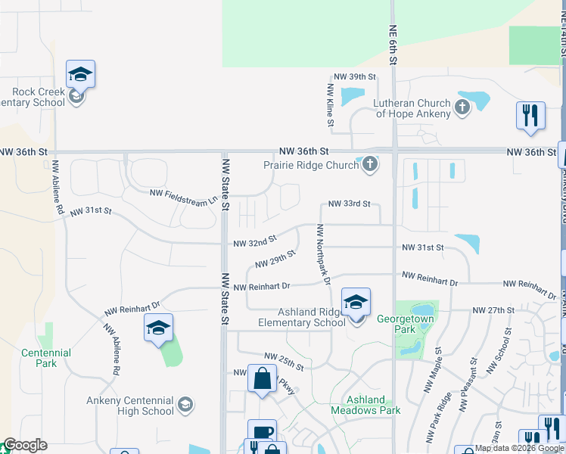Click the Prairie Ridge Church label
pos(310,165)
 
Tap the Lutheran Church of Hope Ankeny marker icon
pos(462,108)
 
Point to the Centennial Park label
pos(46,358)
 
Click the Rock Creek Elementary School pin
pos(80,76)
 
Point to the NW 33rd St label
pos(349,204)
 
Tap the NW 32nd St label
pos(254,243)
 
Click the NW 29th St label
pos(274,261)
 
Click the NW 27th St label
pos(493,310)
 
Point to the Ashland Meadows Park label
pos(365,405)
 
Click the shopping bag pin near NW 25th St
pos(262,380)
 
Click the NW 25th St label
pos(284,362)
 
